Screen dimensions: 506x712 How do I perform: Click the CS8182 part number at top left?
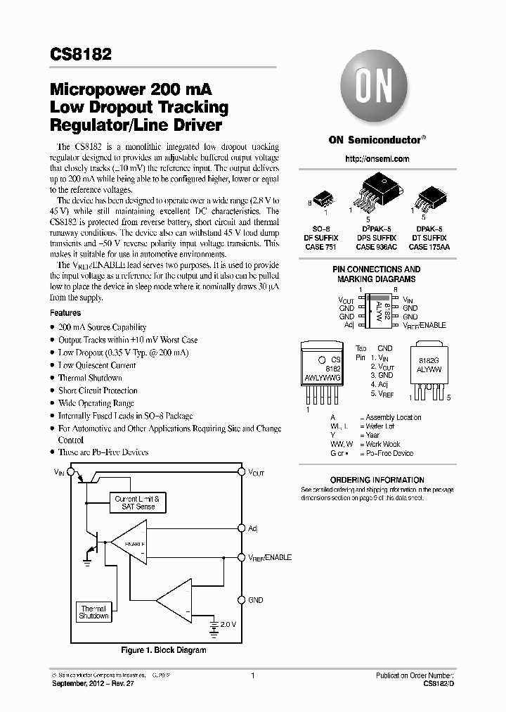[80, 54]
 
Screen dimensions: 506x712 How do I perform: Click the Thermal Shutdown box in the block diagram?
[93, 612]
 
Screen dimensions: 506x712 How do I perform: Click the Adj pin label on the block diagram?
[253, 528]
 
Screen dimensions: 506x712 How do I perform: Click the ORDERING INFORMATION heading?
[377, 480]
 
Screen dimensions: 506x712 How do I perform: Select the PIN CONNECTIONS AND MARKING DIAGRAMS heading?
[376, 274]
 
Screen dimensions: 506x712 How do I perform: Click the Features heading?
[65, 313]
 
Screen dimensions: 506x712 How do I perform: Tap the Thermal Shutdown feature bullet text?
[90, 378]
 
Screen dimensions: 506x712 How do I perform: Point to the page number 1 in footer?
[252, 675]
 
